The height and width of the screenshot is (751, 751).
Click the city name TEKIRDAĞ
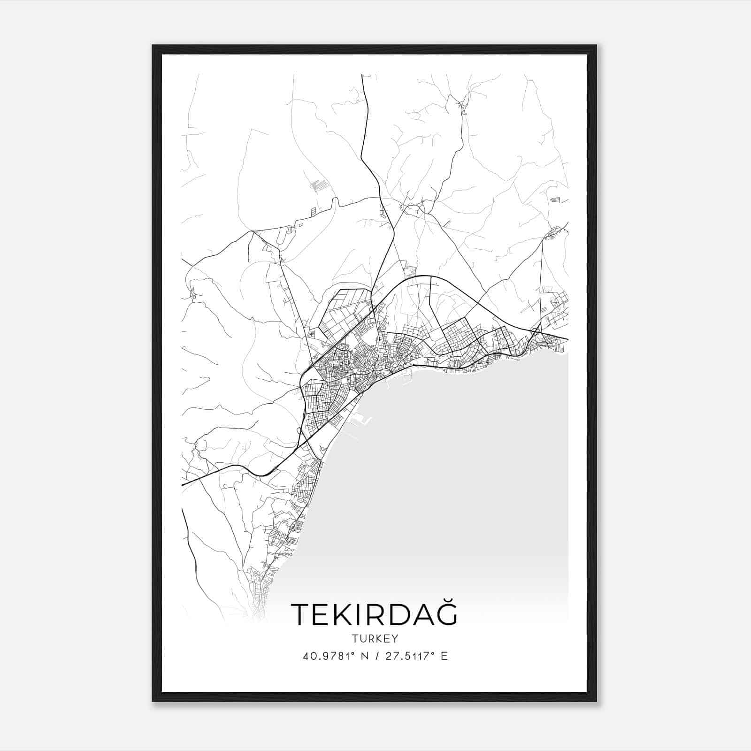point(374,614)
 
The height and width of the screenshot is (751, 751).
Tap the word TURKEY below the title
point(374,639)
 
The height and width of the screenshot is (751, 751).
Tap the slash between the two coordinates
point(377,656)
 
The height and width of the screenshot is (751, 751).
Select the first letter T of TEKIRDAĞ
point(300,615)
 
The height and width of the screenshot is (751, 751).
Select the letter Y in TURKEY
point(395,639)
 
